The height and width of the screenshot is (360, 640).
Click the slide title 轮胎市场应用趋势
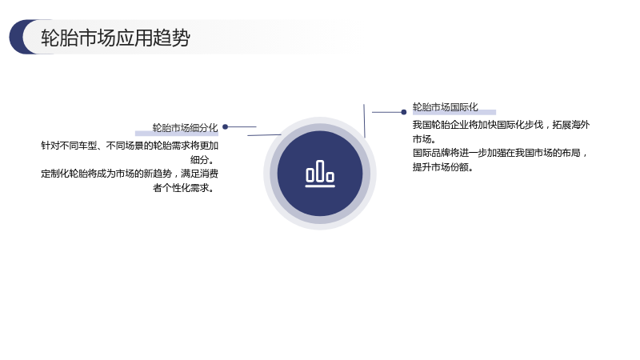115,38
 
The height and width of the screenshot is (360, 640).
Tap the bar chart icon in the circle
320,174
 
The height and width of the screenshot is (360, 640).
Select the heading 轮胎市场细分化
186,128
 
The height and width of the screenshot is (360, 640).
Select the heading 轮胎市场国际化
446,107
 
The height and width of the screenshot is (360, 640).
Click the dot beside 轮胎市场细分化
226,127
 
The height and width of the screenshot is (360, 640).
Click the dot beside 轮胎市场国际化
404,112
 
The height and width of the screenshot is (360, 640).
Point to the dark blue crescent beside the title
18,37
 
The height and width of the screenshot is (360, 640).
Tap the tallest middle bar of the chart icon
320,170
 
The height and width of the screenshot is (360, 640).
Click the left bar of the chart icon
310,174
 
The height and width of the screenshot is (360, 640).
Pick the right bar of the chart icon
330,177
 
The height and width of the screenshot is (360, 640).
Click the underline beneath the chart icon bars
320,186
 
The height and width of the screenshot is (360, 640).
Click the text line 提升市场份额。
443,167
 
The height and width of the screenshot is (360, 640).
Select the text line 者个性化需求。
184,188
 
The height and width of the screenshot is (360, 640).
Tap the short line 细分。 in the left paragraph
202,159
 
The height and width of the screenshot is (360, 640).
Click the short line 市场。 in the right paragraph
425,138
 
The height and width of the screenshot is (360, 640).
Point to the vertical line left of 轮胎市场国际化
364,121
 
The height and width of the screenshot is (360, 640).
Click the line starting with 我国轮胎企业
502,125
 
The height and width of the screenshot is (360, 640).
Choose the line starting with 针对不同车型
130,146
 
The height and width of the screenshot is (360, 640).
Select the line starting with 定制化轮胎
130,174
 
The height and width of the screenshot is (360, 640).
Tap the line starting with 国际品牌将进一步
501,153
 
